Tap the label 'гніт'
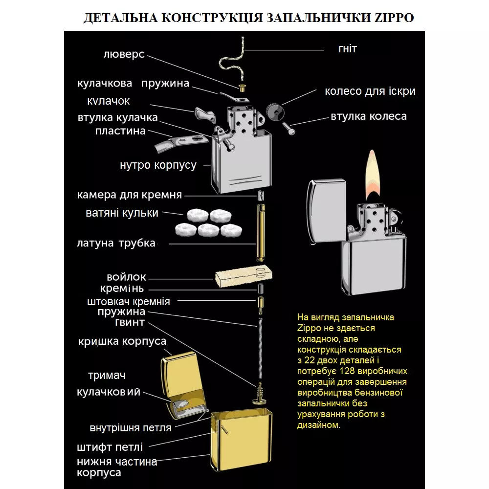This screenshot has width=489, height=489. pyautogui.click(x=347, y=49)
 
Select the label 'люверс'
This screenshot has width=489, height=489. pyautogui.click(x=124, y=54)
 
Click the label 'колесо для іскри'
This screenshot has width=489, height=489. pyautogui.click(x=370, y=91)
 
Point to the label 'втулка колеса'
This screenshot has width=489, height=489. pyautogui.click(x=368, y=116)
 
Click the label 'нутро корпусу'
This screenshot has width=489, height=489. pyautogui.click(x=158, y=165)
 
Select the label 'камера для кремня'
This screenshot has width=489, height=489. pyautogui.click(x=130, y=195)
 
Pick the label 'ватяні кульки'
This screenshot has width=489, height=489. pyautogui.click(x=122, y=213)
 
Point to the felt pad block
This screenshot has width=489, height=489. pyautogui.click(x=242, y=277)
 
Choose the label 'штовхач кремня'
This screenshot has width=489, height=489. pyautogui.click(x=129, y=301)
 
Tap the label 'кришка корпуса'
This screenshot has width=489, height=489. pyautogui.click(x=122, y=341)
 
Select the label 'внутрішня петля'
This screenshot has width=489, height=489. pyautogui.click(x=131, y=428)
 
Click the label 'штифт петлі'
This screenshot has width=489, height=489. pyautogui.click(x=110, y=447)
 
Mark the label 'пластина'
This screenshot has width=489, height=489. pyautogui.click(x=120, y=131)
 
